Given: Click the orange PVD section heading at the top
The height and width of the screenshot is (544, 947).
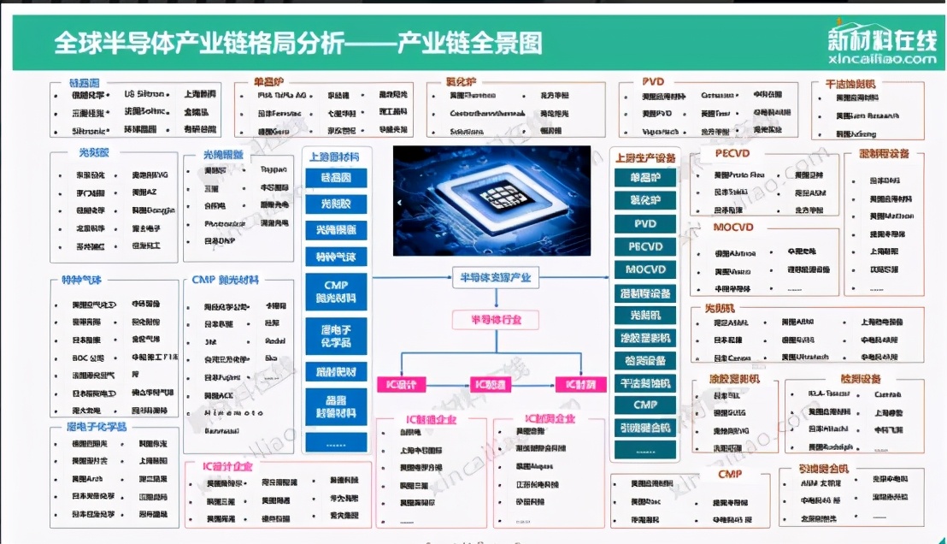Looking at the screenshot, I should click(653, 82).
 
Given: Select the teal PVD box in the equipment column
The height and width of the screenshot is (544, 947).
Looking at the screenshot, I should click(644, 223).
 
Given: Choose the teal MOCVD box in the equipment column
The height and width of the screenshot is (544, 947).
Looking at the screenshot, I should click(644, 269).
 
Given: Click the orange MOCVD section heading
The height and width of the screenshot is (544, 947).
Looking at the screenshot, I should click(733, 228).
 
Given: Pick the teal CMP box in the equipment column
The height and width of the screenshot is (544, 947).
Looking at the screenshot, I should click(644, 404).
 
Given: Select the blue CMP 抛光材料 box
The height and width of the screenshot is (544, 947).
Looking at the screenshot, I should click(335, 291).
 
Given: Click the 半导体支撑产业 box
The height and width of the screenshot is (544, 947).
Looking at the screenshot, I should click(495, 277).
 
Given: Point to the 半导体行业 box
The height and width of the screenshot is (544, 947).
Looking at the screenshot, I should click(495, 320).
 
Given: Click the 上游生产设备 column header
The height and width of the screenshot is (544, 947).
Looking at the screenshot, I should click(644, 157).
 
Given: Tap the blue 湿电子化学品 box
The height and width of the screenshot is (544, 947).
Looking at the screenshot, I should click(335, 335).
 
